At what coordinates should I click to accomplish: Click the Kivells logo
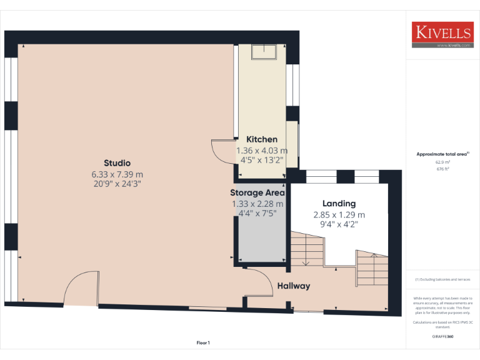coord(442,35)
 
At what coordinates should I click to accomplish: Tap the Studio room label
coord(117,163)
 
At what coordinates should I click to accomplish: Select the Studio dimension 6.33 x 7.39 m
coord(117,174)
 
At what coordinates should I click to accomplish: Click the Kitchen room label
coord(262,139)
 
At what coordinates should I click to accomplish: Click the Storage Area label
coord(257,192)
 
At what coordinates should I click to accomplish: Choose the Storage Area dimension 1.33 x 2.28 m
coord(257,204)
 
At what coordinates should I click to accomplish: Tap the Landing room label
coord(339,203)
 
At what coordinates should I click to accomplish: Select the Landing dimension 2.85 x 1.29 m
coord(339,214)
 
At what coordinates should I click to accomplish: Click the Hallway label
coord(294,286)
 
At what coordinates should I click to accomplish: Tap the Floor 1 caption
coord(203,342)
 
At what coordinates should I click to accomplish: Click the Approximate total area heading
coord(442,154)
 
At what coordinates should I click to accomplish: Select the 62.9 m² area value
coord(442,162)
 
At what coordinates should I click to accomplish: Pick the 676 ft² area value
coord(442,169)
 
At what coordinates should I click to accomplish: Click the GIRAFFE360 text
coord(442,337)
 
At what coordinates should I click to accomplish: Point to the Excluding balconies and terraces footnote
coord(442,279)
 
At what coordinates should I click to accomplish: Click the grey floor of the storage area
coord(261,241)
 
